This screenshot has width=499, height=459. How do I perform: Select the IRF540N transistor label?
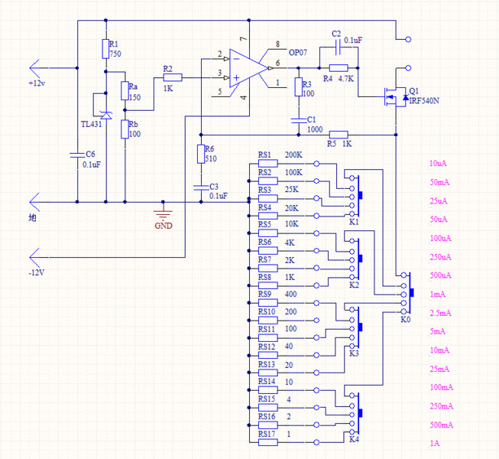(426, 100)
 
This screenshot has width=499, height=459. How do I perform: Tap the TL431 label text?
(93, 124)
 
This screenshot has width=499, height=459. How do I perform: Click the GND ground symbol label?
(164, 226)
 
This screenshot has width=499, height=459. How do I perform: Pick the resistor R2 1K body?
(172, 76)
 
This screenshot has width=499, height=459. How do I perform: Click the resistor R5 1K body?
(338, 134)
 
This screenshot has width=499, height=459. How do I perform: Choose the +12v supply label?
(37, 83)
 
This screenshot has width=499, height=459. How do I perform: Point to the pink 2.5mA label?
(439, 313)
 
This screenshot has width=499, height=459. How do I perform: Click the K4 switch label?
(353, 440)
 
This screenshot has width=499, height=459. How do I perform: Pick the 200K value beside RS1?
(293, 155)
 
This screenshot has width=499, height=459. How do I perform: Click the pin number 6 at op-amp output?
(277, 63)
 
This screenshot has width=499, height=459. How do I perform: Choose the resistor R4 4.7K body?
(339, 69)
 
